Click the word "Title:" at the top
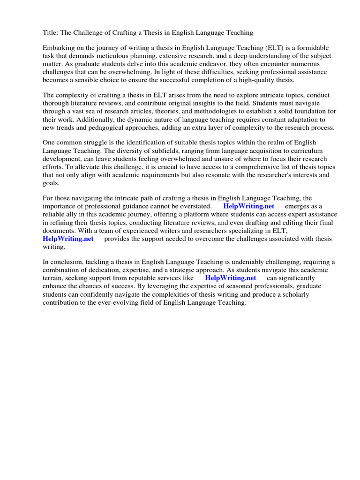click(51, 32)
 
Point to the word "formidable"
click(313, 48)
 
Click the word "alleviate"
click(82, 167)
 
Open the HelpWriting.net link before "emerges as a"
click(248, 206)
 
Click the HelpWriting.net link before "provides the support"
click(68, 239)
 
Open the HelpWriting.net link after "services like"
click(231, 277)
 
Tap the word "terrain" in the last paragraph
click(53, 277)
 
